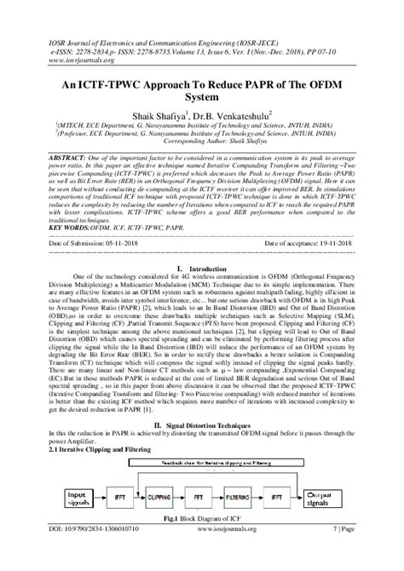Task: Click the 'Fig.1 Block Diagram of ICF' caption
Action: click(202, 544)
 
